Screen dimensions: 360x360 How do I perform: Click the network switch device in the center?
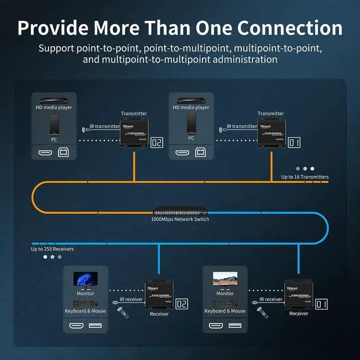179,213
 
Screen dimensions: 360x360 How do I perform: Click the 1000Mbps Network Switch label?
180,219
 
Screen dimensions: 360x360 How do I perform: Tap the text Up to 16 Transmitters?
305,177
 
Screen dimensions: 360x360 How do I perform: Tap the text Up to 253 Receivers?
52,248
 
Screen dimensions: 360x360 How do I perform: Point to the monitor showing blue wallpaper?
85,280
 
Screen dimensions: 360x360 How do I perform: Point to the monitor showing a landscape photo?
224,280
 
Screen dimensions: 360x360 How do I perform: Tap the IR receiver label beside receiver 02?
130,300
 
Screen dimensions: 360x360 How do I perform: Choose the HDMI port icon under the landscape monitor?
215,326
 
